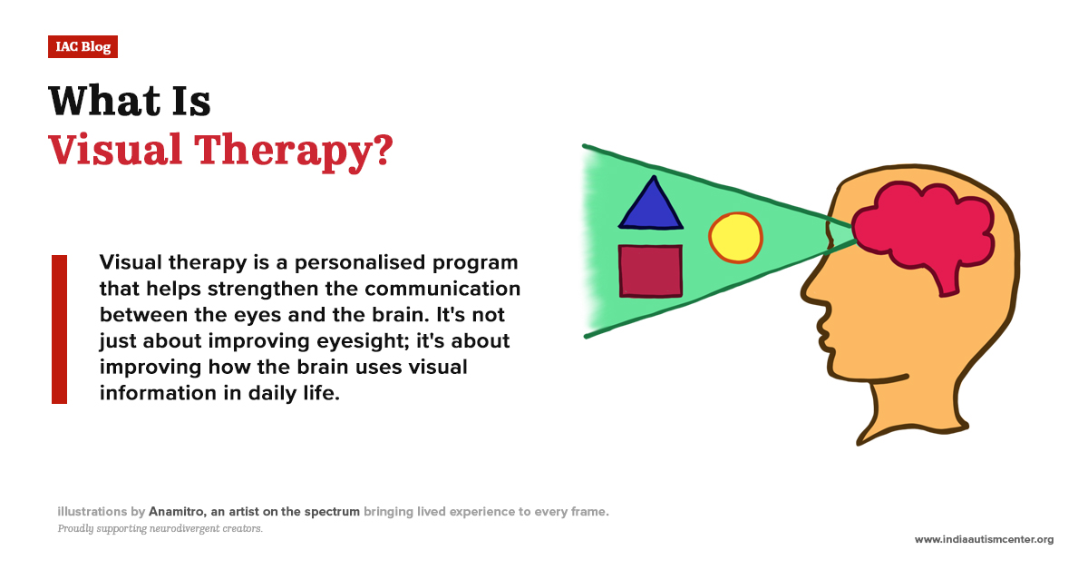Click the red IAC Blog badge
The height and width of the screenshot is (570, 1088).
tap(83, 46)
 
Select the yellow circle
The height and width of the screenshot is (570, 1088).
tap(735, 238)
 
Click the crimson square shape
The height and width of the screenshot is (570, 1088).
tap(650, 270)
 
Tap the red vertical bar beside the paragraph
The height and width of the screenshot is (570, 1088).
tap(59, 329)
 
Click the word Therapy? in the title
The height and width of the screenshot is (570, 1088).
tap(294, 152)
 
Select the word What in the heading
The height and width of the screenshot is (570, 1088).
tap(104, 101)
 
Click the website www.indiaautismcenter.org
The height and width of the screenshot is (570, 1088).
tap(984, 539)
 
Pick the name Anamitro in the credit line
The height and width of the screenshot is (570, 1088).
tap(178, 512)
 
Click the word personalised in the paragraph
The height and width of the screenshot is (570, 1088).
tap(360, 263)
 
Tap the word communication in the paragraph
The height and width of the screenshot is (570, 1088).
tap(442, 289)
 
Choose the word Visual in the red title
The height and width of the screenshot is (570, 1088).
tap(115, 150)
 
